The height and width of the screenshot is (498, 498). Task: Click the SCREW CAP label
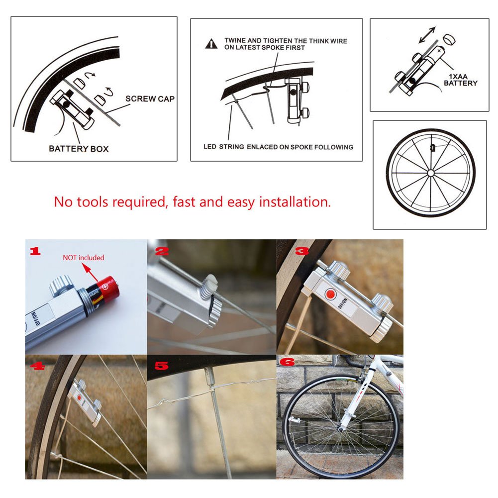coord(150,99)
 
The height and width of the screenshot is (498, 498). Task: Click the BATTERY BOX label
coord(79,148)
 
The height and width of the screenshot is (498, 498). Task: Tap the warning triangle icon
coord(211,44)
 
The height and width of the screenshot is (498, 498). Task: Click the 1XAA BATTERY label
coord(460,80)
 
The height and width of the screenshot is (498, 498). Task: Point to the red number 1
coord(34,251)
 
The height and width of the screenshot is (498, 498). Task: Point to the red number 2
coord(161,251)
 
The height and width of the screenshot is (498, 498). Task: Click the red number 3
coord(290,251)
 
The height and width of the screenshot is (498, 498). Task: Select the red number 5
coord(161,367)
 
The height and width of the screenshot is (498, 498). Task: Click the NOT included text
coord(83,257)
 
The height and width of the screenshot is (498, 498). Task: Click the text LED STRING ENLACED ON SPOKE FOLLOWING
coord(278,147)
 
